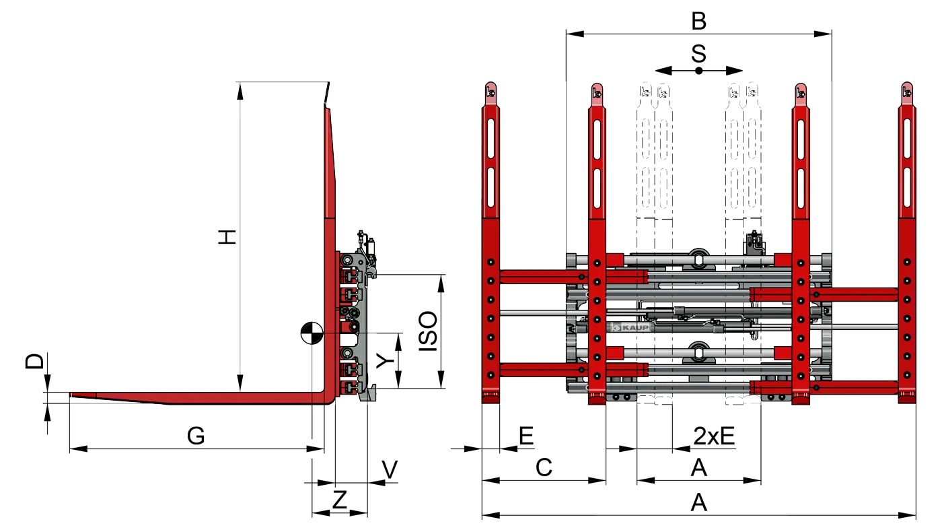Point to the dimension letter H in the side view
click(x=227, y=237)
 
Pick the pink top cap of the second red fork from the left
click(x=597, y=93)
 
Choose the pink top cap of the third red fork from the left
click(x=801, y=93)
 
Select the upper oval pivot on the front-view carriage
click(x=699, y=257)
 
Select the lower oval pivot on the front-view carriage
click(x=699, y=350)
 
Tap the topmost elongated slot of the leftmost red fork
click(x=491, y=135)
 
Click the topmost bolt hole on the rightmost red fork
click(x=907, y=262)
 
